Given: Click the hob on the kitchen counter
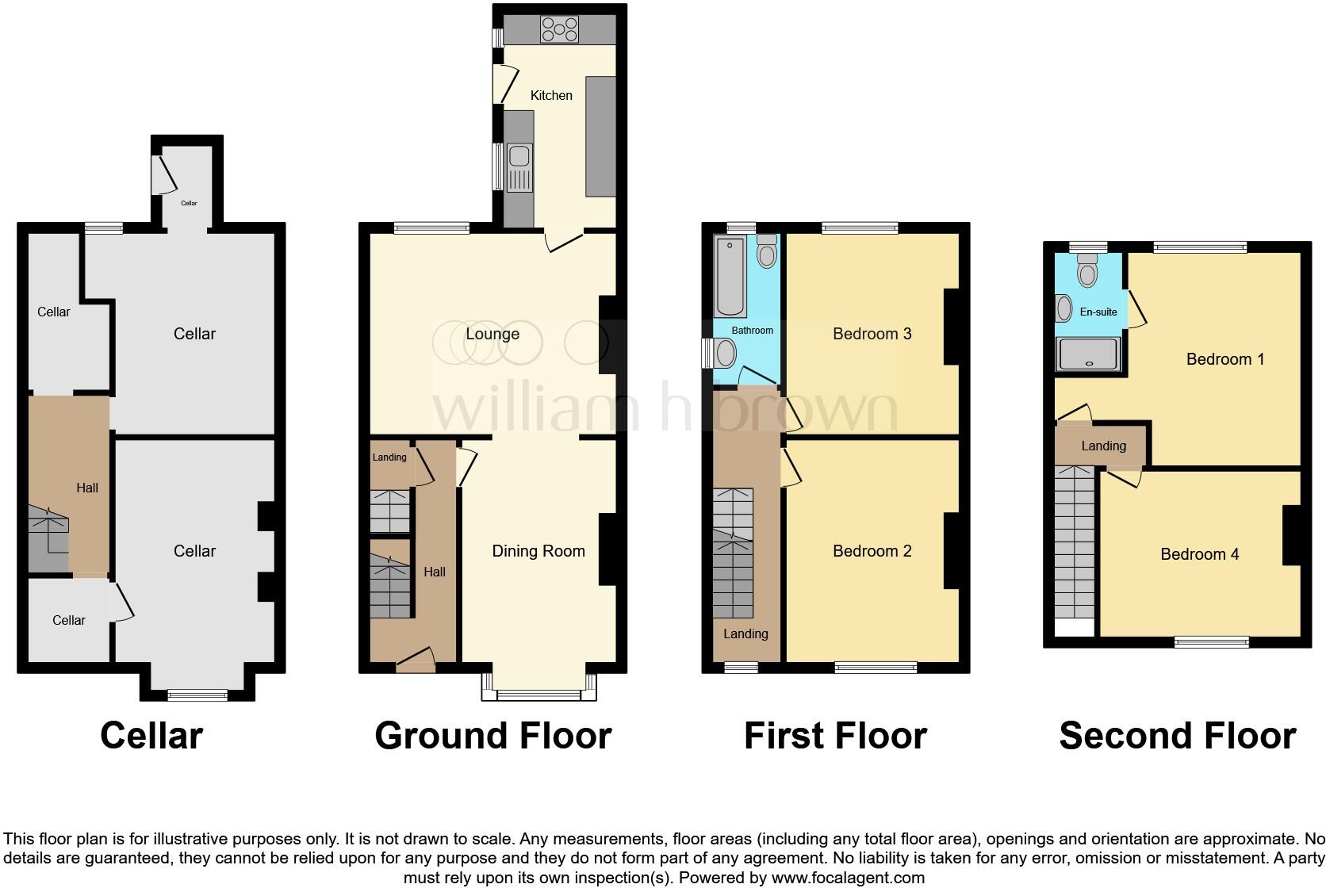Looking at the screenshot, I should coord(560,30).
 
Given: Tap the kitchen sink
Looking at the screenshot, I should coord(520,168).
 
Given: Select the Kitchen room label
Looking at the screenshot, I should coord(551,95).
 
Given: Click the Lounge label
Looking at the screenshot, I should coord(492,334).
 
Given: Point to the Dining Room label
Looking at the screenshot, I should coord(538,551).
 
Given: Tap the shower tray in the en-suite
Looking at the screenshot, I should coord(1089,354).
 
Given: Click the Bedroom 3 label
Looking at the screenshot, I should coord(872,334).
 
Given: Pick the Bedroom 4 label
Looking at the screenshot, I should coord(1199,554).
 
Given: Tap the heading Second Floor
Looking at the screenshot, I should coord(1177,736).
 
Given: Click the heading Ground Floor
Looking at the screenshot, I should coord(492,736).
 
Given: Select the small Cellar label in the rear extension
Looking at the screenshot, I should coord(189,203).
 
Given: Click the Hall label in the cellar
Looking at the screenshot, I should coord(87,488).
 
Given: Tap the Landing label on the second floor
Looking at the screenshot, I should coord(1103,446).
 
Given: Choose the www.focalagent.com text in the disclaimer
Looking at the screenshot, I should coord(848,878).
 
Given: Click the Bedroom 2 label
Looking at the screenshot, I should coord(872,551).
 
